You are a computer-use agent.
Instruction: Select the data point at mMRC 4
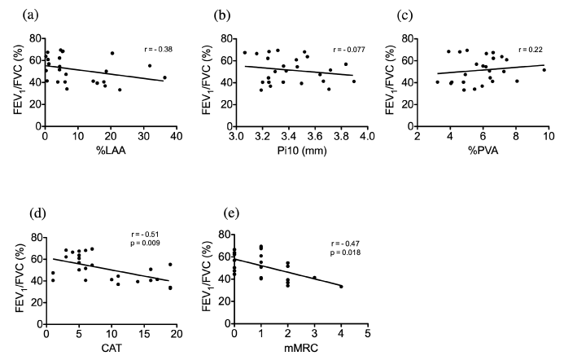(x=341, y=287)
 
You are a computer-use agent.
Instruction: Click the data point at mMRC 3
(x=314, y=278)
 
